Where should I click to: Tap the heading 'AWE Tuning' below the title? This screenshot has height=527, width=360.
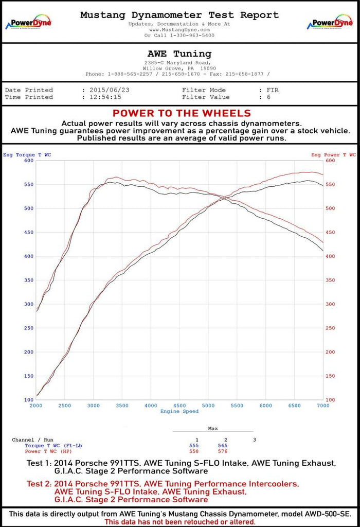tap(179, 54)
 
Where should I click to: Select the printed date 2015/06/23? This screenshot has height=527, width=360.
tap(109, 90)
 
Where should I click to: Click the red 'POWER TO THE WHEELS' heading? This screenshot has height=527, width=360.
tap(182, 113)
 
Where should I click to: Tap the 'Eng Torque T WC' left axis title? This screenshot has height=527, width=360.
tap(27, 154)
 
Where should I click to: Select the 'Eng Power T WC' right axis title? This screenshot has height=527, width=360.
tap(333, 154)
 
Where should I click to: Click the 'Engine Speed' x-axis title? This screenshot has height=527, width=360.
tap(179, 411)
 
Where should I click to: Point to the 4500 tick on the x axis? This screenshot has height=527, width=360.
tap(179, 406)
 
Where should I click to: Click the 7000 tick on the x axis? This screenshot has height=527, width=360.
tap(323, 406)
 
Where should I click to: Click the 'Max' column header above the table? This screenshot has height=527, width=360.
tap(212, 428)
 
